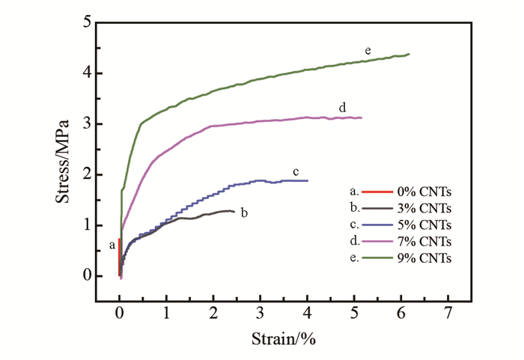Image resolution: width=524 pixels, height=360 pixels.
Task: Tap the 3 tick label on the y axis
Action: (87, 123)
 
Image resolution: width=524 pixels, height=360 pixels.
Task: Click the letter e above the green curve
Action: (368, 50)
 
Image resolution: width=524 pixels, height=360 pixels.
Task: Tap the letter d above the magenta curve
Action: (342, 108)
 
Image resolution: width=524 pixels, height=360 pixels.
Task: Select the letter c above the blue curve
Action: (296, 171)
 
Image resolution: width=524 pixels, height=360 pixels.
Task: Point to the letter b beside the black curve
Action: (244, 213)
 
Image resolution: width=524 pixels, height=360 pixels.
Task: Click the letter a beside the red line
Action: (112, 244)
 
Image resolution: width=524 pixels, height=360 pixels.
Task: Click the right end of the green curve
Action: (409, 54)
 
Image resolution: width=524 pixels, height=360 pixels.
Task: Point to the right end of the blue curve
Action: (307, 180)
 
